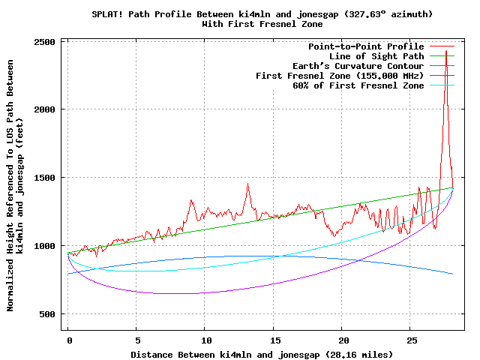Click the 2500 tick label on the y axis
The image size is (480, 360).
[46, 41]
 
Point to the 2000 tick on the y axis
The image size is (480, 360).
[46, 109]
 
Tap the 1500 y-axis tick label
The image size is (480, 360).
[46, 178]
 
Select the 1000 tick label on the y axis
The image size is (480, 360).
[46, 246]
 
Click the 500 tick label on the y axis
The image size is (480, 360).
[49, 314]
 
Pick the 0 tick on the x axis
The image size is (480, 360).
[68, 340]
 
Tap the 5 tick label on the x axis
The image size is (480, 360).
[136, 340]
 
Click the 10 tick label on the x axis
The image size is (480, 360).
[205, 340]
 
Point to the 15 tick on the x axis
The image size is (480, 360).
[274, 340]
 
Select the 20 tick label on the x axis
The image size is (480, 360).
[342, 340]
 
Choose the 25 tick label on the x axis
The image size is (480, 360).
[410, 340]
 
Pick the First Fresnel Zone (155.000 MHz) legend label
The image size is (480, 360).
[340, 76]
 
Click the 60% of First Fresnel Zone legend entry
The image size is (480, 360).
[358, 85]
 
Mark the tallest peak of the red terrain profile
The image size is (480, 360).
[446, 51]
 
